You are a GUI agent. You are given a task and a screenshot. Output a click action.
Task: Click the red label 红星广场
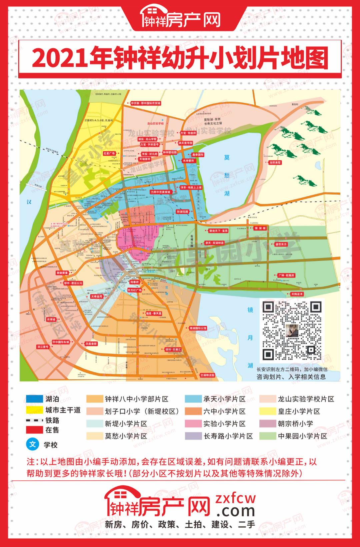tap(109, 154)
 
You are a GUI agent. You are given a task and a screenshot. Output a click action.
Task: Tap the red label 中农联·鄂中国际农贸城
tap(146, 103)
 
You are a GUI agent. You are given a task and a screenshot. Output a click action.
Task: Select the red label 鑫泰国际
tap(197, 155)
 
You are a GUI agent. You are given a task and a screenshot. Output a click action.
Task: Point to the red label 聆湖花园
tap(183, 212)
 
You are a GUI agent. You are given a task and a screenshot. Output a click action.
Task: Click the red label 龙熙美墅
tap(275, 163)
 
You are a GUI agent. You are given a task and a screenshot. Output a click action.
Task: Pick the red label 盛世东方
tap(281, 244)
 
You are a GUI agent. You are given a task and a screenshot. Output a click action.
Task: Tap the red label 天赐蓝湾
tap(297, 294)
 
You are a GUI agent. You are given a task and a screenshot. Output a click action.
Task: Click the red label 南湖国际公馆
tap(198, 328)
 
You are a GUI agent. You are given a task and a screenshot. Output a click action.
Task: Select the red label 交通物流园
tap(207, 375)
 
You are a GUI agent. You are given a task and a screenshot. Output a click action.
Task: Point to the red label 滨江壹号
tap(43, 347)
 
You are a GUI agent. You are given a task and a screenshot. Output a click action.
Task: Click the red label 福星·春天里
tap(154, 313)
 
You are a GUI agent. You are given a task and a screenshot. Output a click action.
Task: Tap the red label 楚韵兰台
tap(62, 273)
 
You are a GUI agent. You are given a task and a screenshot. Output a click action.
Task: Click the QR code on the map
tap(292, 330)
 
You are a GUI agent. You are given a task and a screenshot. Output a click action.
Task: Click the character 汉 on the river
tap(29, 202)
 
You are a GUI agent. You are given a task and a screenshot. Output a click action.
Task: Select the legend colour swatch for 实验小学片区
tap(193, 423)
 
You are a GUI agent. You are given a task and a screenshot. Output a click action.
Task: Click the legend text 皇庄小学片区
tap(299, 411)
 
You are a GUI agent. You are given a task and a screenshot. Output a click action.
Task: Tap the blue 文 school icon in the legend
tap(32, 444)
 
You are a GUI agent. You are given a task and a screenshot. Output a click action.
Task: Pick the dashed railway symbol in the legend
tap(34, 420)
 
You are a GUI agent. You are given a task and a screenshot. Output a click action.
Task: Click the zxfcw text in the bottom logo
tap(236, 498)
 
